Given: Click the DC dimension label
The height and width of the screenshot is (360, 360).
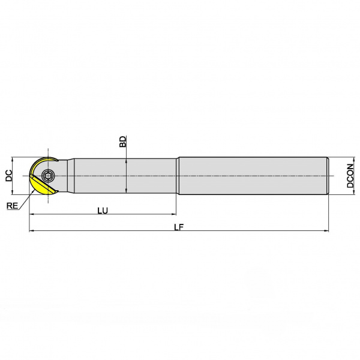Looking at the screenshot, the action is (x=9, y=176).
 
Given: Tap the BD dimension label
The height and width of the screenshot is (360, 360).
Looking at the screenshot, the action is (x=123, y=142).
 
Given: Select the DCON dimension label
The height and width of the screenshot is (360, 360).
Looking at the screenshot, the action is (x=350, y=176).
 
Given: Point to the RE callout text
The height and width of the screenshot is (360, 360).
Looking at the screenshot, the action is (x=12, y=206).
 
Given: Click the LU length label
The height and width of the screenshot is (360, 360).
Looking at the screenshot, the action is (x=103, y=211).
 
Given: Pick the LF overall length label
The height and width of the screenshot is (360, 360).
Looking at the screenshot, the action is (x=179, y=227).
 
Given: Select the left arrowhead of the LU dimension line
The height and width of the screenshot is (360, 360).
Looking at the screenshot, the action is (x=32, y=214).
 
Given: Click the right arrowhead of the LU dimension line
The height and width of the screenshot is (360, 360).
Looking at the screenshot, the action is (x=173, y=214).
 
